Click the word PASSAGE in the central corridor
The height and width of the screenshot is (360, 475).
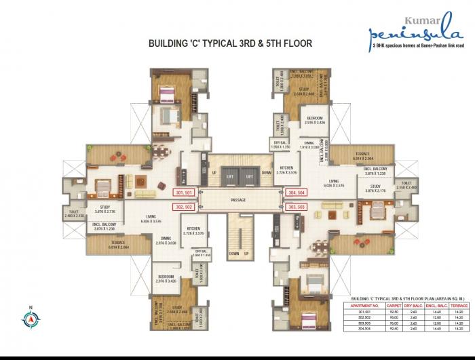pyautogui.click(x=237, y=200)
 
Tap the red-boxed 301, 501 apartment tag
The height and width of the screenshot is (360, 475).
pyautogui.click(x=184, y=193)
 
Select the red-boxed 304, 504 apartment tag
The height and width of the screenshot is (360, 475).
pyautogui.click(x=297, y=193)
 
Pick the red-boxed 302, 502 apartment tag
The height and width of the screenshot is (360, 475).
pyautogui.click(x=184, y=206)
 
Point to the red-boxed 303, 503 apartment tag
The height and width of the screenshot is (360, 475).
pyautogui.click(x=297, y=206)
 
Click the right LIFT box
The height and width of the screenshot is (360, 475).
pyautogui.click(x=249, y=176)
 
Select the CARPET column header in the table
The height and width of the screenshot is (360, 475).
pyautogui.click(x=393, y=306)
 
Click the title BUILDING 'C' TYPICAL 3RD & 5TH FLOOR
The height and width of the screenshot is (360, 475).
pyautogui.click(x=230, y=44)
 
